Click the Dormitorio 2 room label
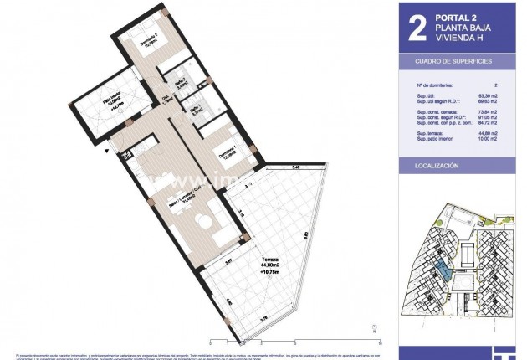[147, 46]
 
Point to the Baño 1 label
[194, 110]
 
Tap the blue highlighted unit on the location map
[441, 270]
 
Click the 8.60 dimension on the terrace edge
[307, 237]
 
